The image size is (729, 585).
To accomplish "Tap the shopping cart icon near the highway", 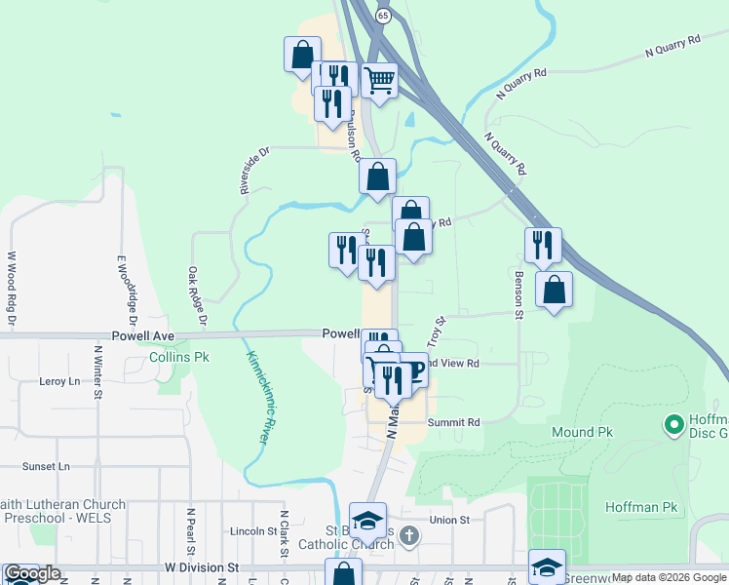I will [x=379, y=79].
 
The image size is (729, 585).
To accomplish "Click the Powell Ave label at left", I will [x=142, y=335].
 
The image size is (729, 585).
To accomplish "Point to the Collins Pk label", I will [x=179, y=358].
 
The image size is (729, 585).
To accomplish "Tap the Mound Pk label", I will [x=580, y=431].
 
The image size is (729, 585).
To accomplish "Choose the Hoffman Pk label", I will [x=640, y=507].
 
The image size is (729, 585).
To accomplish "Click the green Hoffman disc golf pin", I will [x=672, y=425].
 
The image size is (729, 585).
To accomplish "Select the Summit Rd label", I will [x=454, y=422].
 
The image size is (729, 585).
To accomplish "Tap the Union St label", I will [x=449, y=520].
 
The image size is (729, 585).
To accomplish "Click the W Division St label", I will [x=202, y=566].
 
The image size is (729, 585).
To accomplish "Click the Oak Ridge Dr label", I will [x=198, y=296].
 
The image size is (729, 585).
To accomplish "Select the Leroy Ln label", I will [x=58, y=381].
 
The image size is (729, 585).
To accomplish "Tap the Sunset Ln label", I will [x=47, y=467].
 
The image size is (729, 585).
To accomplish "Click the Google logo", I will [x=32, y=573].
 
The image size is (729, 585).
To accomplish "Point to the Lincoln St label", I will [x=254, y=531].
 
